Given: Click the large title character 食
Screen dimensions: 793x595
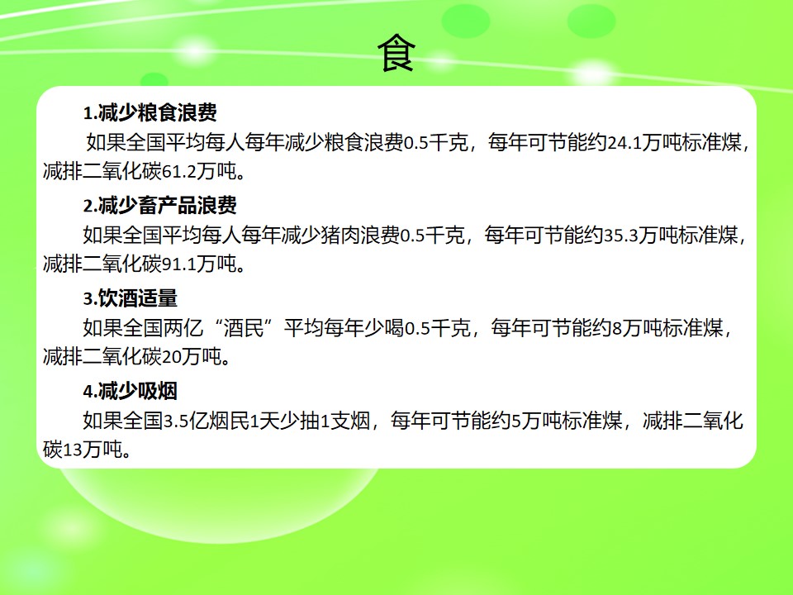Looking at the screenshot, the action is [396, 53].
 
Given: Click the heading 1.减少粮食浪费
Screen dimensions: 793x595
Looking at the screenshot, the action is [150, 112].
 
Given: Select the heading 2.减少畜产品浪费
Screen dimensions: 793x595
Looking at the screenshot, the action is [159, 205].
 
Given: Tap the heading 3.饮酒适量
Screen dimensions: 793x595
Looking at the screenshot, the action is [131, 298].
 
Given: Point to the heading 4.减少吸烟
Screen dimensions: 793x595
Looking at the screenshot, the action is [131, 391].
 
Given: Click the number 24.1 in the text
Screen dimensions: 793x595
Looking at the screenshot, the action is [624, 143].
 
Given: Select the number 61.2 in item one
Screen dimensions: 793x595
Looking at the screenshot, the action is [179, 172].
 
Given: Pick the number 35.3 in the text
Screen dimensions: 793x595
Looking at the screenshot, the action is [621, 236].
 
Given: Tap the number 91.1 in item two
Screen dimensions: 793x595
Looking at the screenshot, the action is [179, 264].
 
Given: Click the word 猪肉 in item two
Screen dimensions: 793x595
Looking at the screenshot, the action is [340, 236].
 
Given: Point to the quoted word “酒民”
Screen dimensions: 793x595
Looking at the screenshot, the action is [243, 328].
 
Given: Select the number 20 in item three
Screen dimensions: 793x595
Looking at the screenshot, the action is [172, 357].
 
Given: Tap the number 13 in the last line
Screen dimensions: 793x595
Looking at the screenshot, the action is [73, 450].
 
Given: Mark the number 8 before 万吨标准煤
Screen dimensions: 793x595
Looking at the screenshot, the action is [617, 328].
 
